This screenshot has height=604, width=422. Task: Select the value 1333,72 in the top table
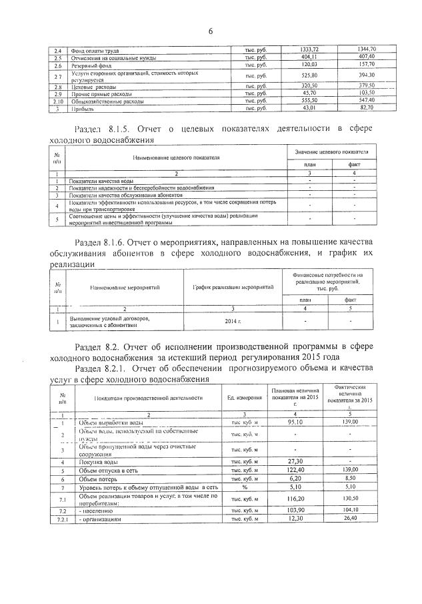click(x=303, y=49)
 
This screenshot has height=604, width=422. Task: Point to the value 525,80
click(x=303, y=75)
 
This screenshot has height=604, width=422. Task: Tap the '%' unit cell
click(x=244, y=487)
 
